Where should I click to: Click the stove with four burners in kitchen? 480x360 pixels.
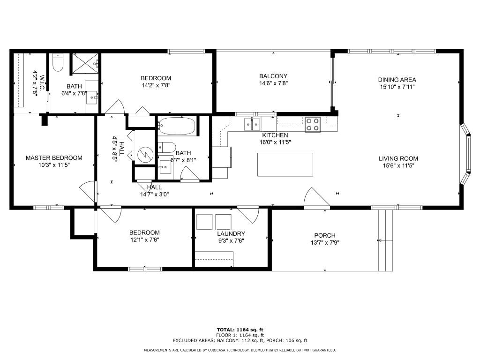[312, 124]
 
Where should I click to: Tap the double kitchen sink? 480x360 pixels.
[252, 125]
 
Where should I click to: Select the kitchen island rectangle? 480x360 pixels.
[285, 165]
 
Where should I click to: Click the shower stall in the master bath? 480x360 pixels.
[84, 64]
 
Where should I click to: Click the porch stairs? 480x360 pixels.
[385, 240]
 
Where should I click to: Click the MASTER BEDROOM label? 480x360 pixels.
[54, 158]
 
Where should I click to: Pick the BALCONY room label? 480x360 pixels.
[273, 76]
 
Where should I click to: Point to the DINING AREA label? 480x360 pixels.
[397, 80]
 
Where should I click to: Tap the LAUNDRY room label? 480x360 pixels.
[231, 233]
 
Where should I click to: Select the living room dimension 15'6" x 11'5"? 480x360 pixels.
[398, 165]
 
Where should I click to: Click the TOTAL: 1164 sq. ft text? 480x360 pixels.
[240, 330]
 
